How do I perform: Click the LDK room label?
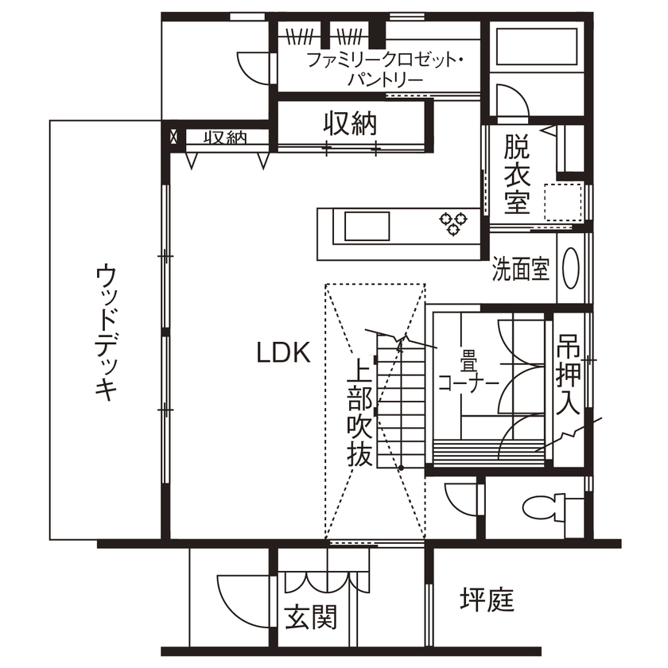click(282, 352)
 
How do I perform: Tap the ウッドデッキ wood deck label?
click(106, 333)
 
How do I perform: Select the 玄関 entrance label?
click(310, 616)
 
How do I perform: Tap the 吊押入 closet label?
click(567, 375)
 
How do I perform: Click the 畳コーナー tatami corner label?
click(468, 374)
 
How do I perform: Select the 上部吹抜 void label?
click(359, 413)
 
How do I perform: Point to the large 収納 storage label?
click(350, 123)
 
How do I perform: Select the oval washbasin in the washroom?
click(571, 267)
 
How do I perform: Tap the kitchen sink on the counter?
click(367, 226)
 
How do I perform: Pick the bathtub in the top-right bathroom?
click(531, 48)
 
